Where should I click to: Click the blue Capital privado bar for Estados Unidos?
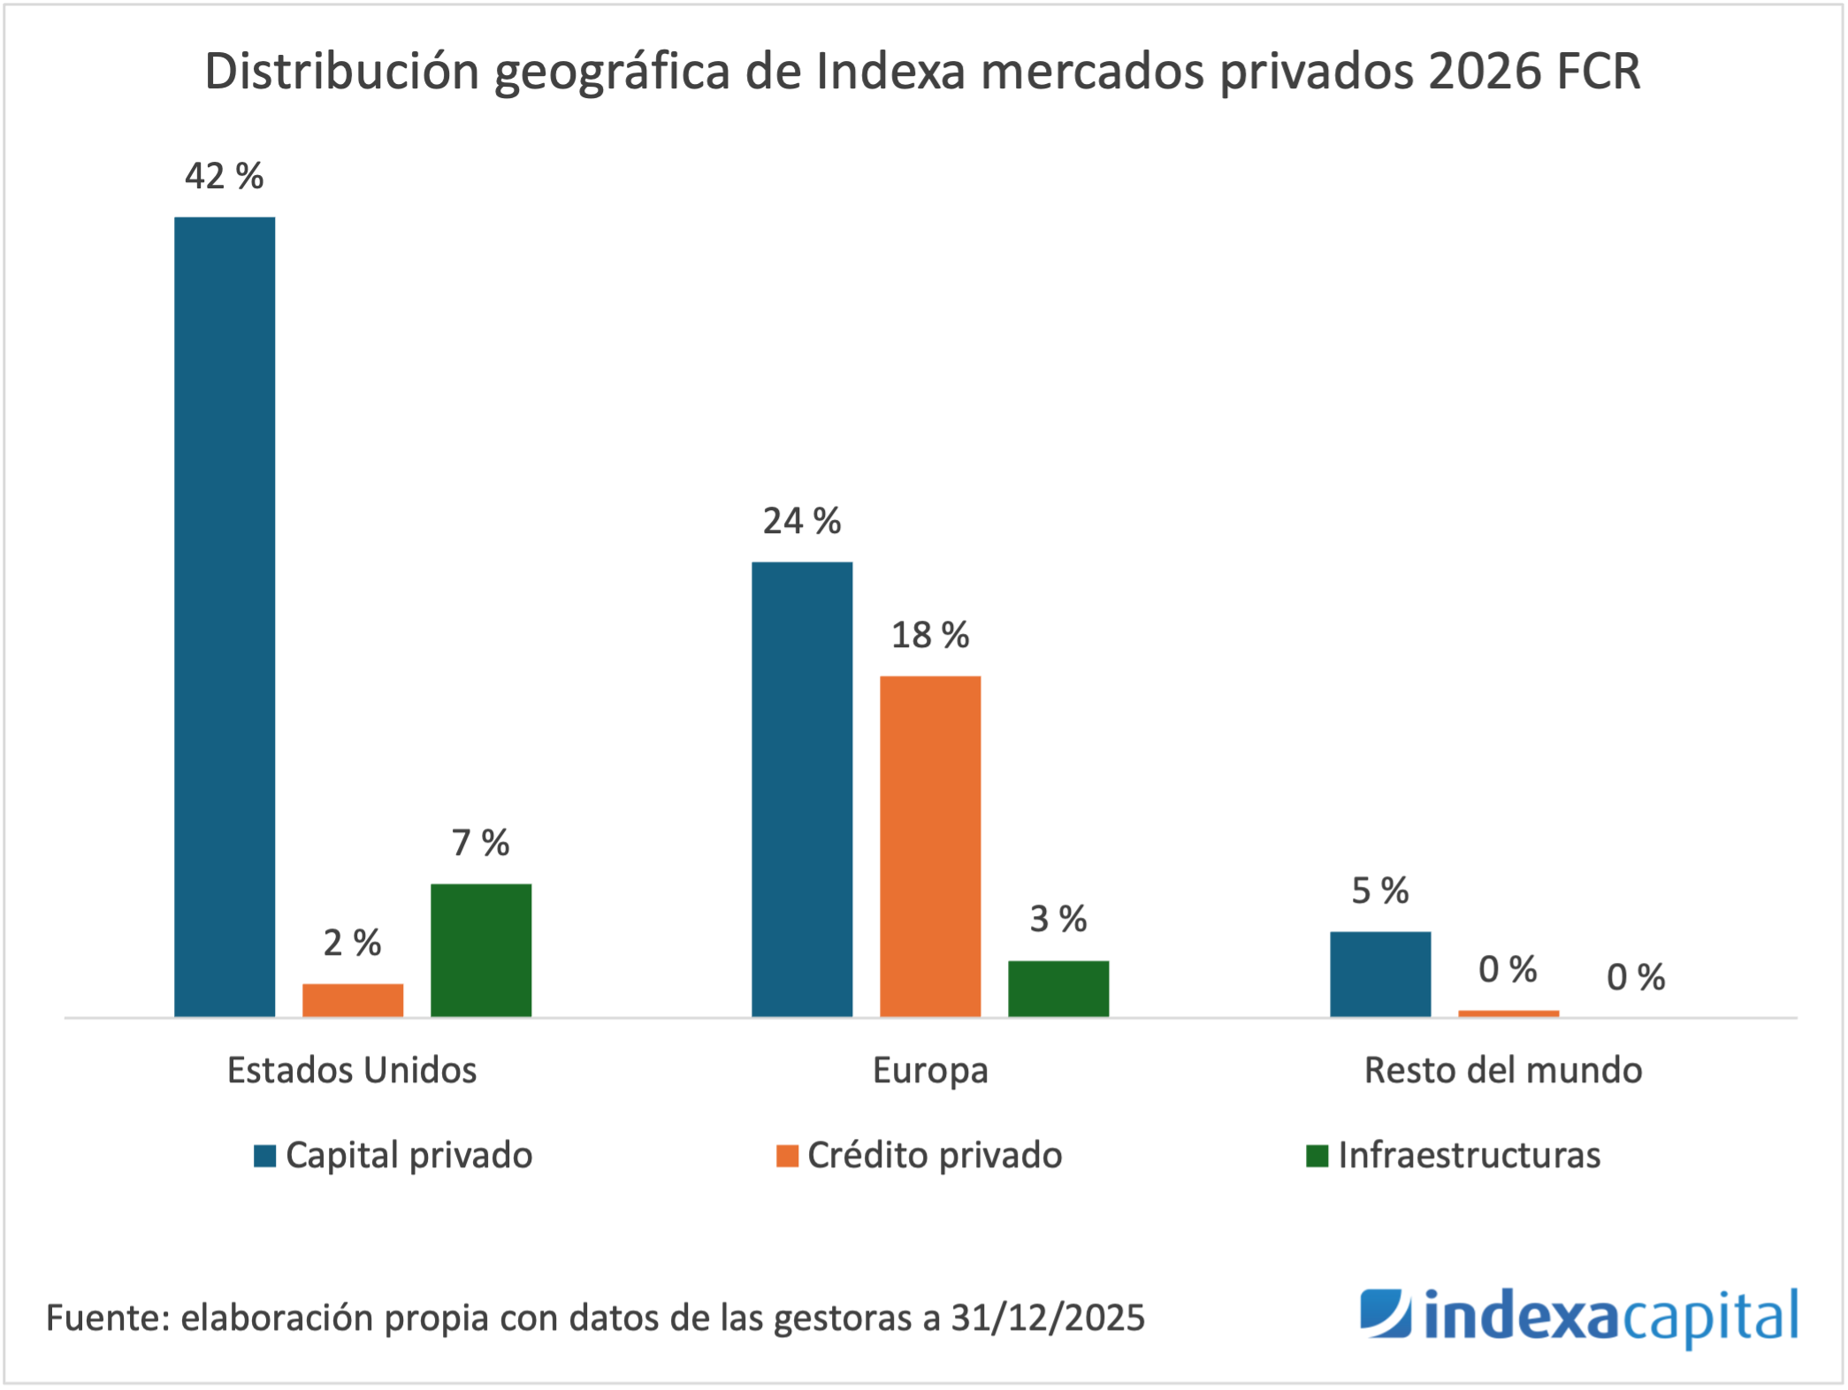coord(225,616)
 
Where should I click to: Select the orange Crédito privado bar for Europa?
coord(930,845)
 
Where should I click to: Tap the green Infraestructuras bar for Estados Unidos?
coord(481,950)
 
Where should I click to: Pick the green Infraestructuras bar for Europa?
coord(1058,988)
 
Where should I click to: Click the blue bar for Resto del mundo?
coord(1380,974)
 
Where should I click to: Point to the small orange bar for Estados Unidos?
coord(353,1000)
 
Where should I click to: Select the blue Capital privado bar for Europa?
coord(802,789)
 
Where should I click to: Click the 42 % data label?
coord(225,176)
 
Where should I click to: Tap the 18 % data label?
coord(930,635)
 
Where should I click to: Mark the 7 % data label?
coord(481,843)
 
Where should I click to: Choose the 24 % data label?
coord(802,521)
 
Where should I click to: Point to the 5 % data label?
coord(1380,890)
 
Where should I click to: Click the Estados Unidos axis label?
coord(352,1070)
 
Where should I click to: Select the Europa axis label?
coord(930,1071)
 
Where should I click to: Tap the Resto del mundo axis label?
coord(1503,1070)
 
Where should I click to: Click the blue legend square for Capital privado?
coord(265,1156)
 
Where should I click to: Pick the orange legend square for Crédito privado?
coord(787,1156)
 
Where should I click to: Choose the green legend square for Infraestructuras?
coord(1317,1156)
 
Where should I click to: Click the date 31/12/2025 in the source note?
coord(1048,1317)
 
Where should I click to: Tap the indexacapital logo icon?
coord(1386,1313)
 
